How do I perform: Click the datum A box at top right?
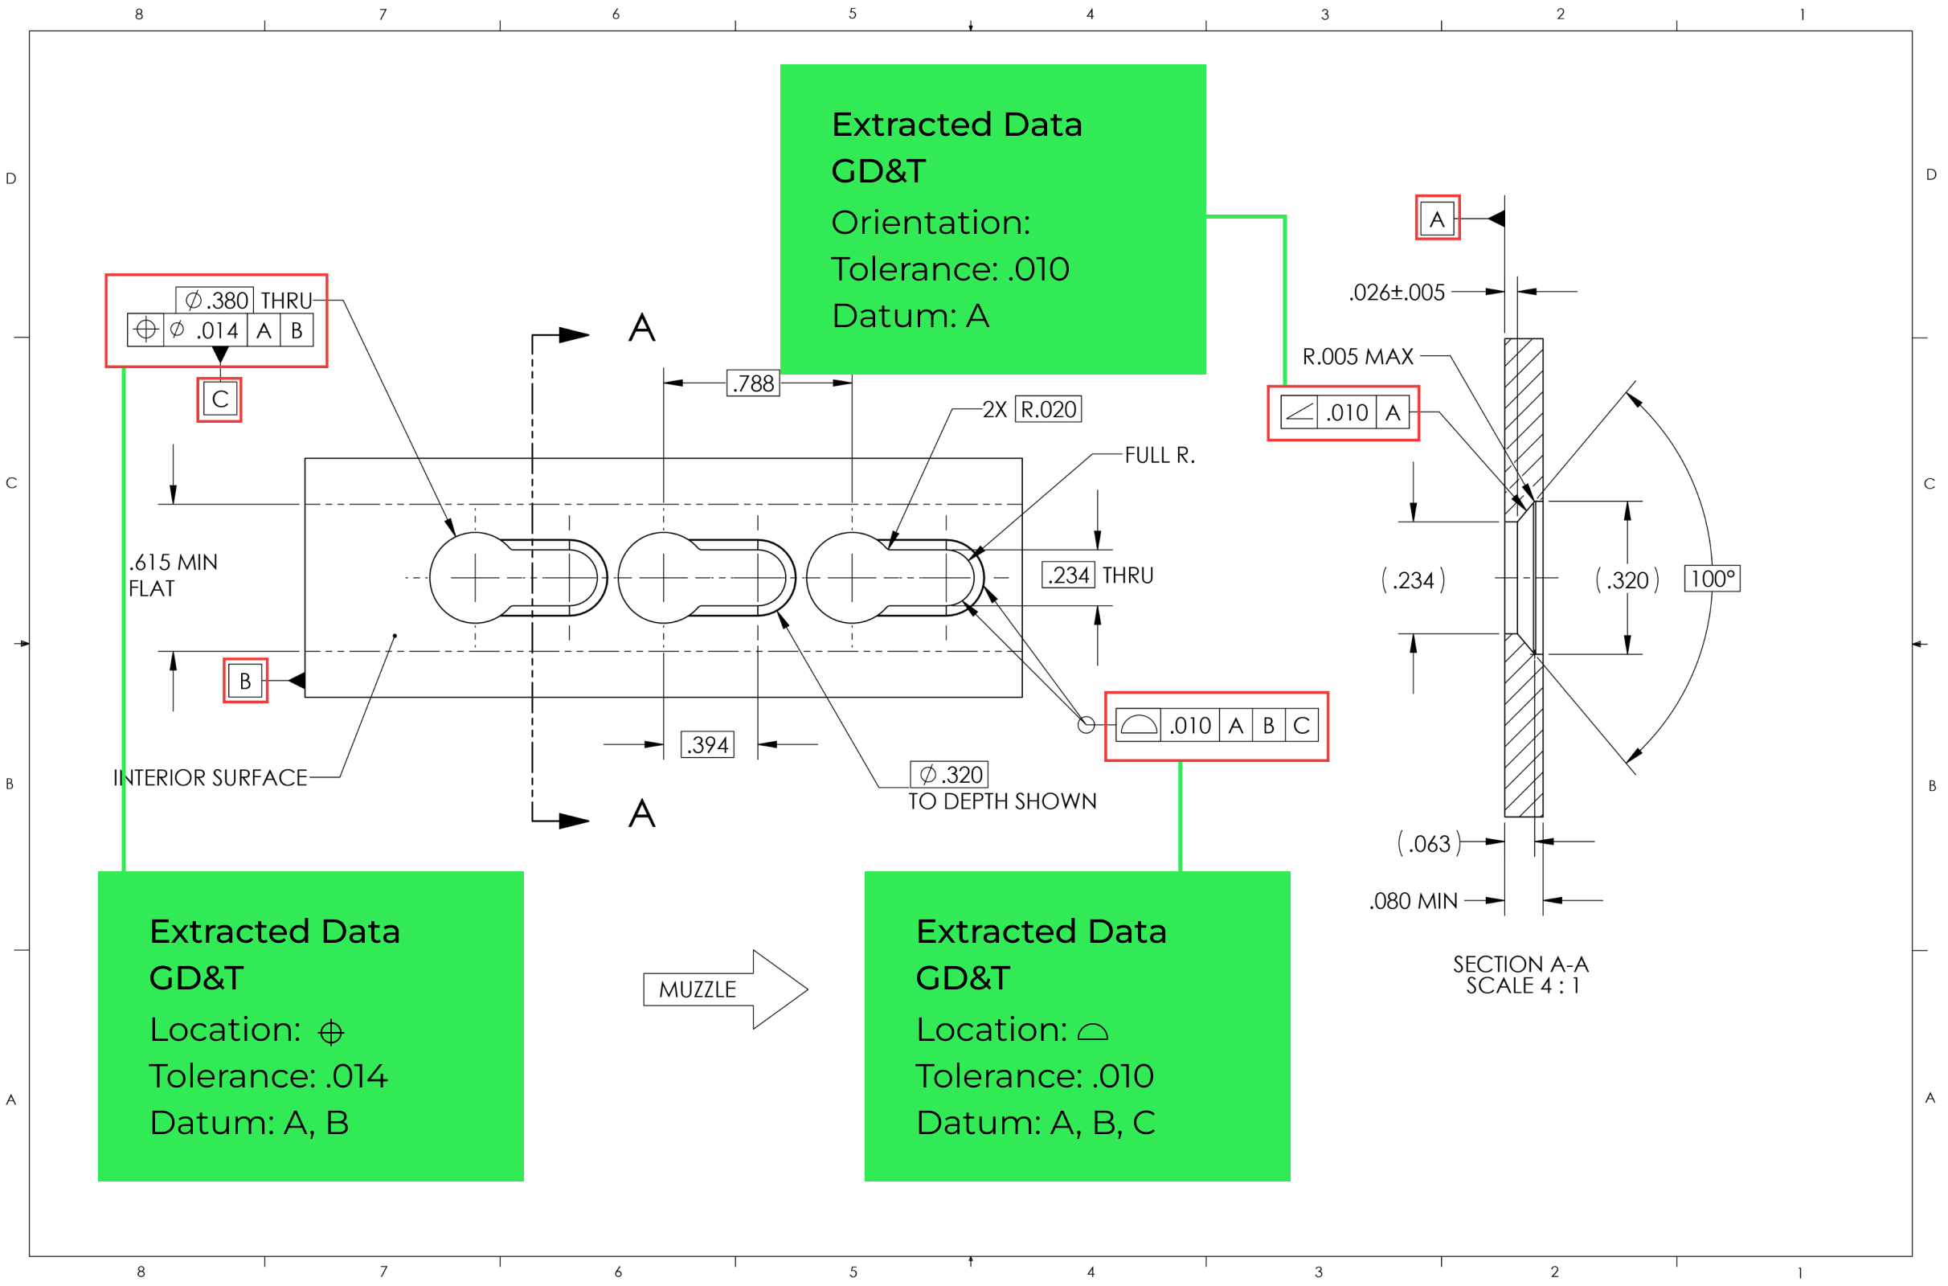tap(1436, 219)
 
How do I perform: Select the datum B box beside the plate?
tap(245, 681)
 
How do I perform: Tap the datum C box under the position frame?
tap(219, 399)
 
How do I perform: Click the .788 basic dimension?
tap(753, 383)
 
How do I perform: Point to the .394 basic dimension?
tap(706, 745)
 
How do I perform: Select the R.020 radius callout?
tap(1048, 409)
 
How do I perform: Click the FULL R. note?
tap(1160, 455)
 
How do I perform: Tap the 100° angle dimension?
tap(1711, 579)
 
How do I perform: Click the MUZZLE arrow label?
tap(698, 989)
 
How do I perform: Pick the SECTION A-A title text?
tap(1520, 964)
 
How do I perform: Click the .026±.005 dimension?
tap(1396, 292)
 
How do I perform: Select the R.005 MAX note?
tap(1357, 357)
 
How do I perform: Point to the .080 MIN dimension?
tap(1414, 901)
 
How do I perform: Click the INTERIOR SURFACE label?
tap(210, 777)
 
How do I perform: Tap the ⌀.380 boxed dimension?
tap(215, 300)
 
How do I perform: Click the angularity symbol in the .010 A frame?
tap(1299, 412)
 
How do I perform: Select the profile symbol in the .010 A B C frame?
tap(1138, 725)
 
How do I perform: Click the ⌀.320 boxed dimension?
tap(949, 774)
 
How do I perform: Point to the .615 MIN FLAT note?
tap(173, 575)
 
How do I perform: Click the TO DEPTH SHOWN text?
tap(1002, 801)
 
